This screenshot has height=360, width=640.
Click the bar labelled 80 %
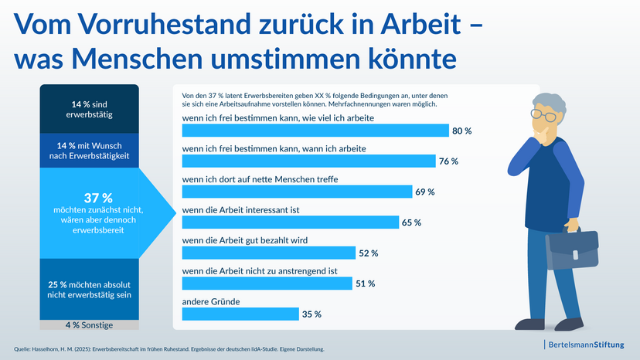315,131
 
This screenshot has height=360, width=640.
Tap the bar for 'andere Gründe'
240,314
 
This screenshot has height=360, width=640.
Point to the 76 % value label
449,161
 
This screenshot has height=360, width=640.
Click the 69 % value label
425,192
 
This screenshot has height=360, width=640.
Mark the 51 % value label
366,284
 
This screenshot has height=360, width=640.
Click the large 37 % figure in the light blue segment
93,198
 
